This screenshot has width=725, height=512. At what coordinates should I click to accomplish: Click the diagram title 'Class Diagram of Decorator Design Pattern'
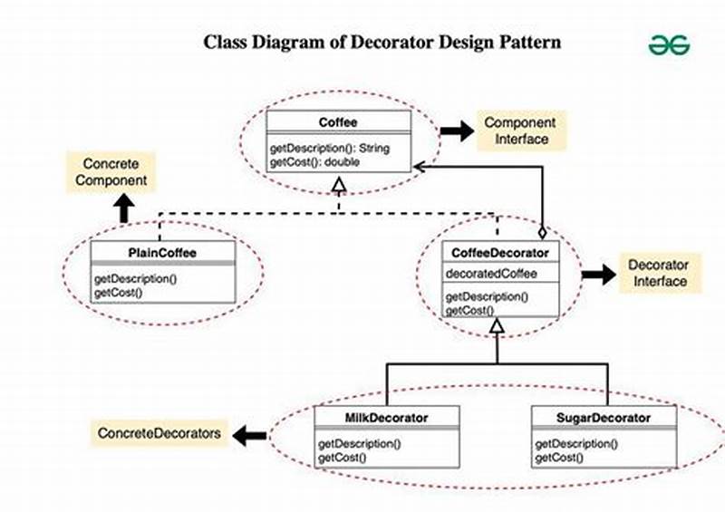point(381,42)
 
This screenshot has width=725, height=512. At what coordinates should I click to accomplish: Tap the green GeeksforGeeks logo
point(669,44)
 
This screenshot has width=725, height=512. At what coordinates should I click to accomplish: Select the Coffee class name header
point(339,122)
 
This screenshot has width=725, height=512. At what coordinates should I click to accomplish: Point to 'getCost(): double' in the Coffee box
point(314,161)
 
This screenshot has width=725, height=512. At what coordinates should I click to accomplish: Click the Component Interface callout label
point(520,130)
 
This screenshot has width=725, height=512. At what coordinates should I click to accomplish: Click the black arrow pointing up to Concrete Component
point(124,210)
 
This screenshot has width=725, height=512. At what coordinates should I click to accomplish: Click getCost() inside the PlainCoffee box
point(119,292)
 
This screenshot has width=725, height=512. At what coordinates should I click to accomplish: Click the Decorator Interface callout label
point(659,274)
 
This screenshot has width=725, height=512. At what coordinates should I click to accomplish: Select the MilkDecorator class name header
point(386,418)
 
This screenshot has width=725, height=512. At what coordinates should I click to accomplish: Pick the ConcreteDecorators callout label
point(159,434)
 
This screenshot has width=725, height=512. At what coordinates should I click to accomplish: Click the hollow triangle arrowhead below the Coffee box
point(339,186)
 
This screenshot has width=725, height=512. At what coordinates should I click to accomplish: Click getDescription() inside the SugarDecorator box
point(576,443)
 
